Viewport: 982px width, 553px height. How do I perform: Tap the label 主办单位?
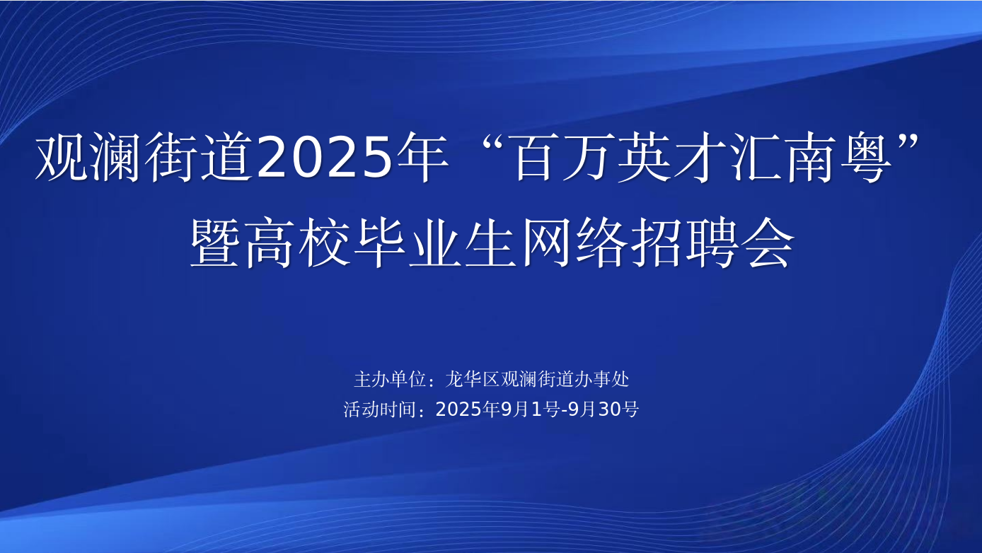390,380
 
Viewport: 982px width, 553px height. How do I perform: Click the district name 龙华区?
473,380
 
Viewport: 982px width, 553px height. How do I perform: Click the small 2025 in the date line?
458,409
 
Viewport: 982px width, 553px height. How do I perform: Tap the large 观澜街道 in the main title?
144,157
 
